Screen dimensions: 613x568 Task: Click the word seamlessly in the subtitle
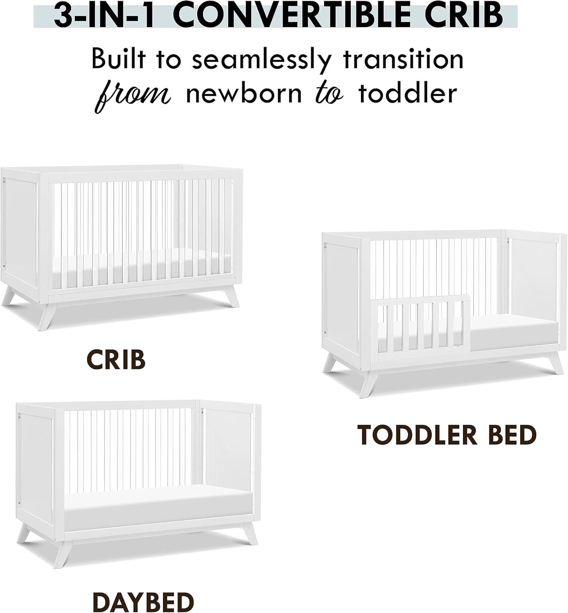(260, 59)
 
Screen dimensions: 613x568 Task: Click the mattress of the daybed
(157, 507)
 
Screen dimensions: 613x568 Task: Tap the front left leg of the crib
(46, 316)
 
